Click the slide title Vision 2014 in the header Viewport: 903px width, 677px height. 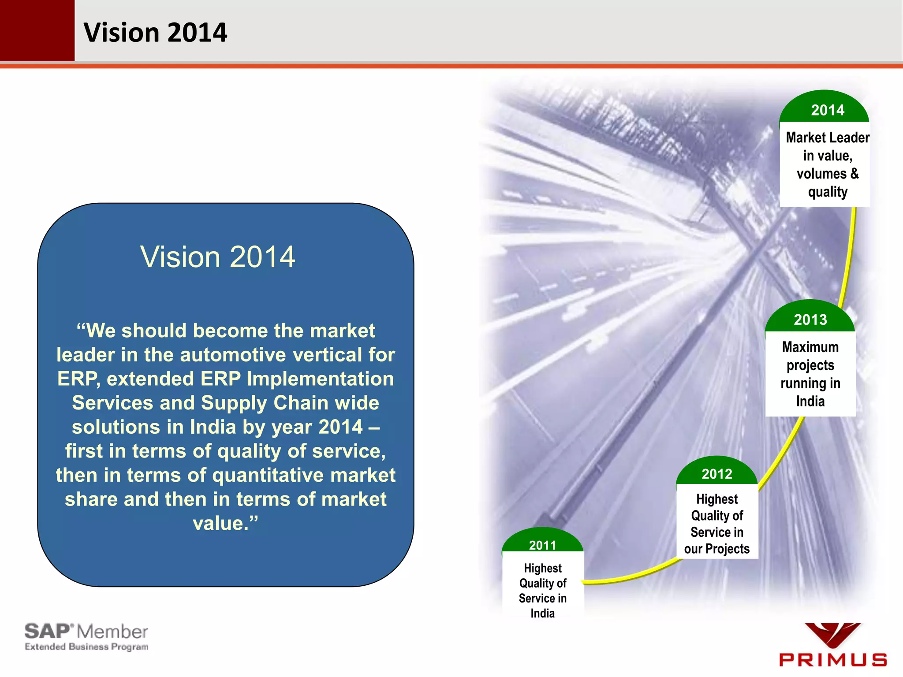click(x=155, y=33)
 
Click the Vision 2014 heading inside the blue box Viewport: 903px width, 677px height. click(x=217, y=257)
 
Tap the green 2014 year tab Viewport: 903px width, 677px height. click(x=827, y=110)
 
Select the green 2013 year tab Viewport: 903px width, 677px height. click(x=810, y=319)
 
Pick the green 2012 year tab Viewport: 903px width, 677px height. click(x=716, y=473)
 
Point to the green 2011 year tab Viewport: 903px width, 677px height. click(x=542, y=545)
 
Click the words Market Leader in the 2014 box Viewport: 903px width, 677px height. click(x=827, y=138)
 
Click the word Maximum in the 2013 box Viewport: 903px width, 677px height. click(x=810, y=347)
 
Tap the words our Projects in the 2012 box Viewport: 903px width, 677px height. click(x=716, y=549)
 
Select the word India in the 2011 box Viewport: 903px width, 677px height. click(x=542, y=613)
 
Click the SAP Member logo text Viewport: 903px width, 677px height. click(x=86, y=631)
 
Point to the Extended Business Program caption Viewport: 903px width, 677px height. click(x=86, y=647)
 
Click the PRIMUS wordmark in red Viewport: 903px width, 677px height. click(x=832, y=659)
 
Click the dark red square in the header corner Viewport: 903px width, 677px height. click(x=37, y=30)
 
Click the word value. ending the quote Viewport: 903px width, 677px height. click(x=225, y=523)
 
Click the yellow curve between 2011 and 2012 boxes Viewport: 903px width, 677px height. click(x=635, y=575)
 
